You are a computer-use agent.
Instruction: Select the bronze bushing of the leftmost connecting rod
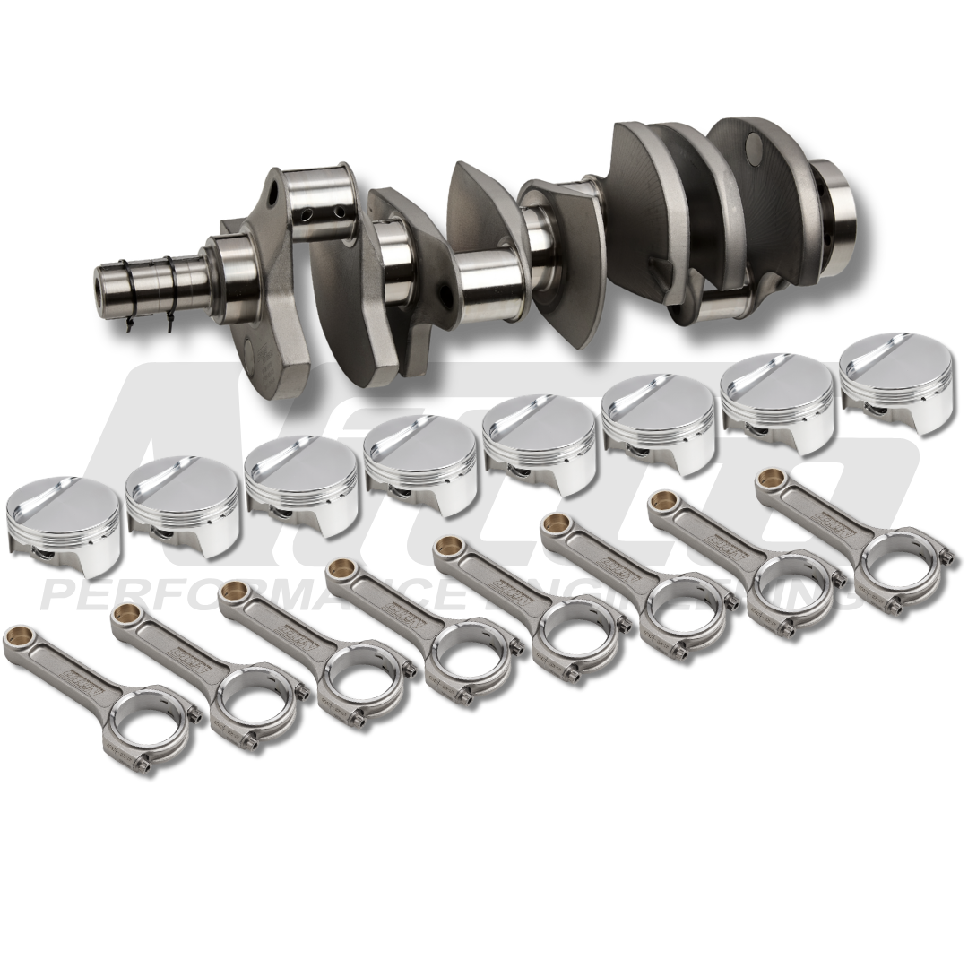(15, 637)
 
